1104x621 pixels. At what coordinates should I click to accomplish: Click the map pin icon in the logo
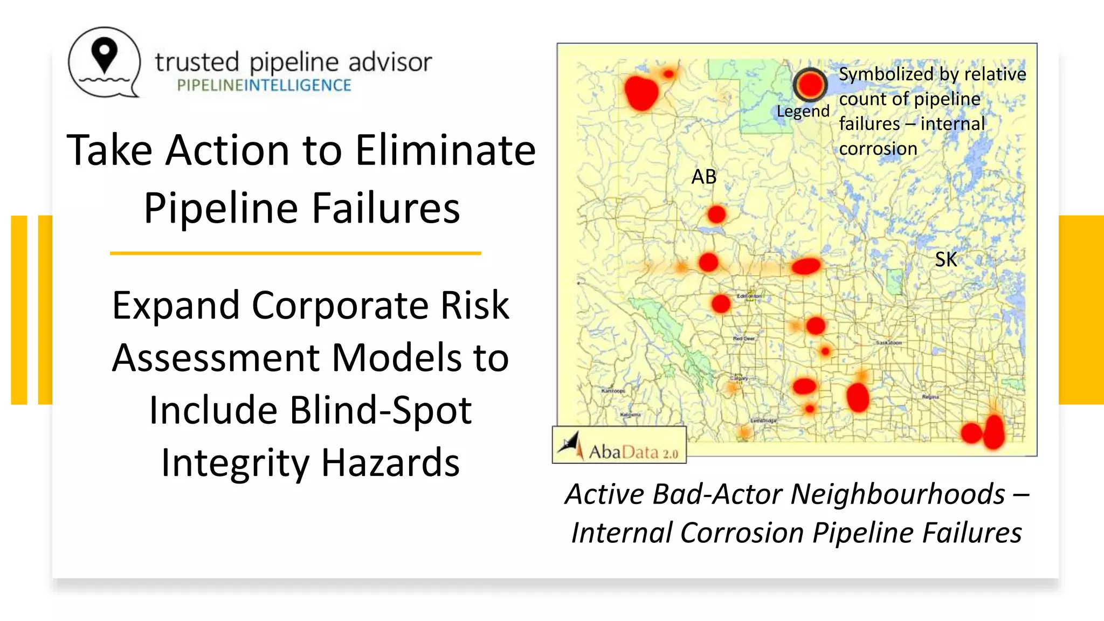tap(104, 56)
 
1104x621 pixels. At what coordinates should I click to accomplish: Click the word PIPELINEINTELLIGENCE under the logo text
tap(264, 85)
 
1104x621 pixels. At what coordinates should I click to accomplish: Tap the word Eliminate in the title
tap(445, 150)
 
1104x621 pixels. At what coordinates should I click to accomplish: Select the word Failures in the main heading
tap(386, 208)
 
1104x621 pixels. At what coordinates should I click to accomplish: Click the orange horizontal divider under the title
tap(295, 253)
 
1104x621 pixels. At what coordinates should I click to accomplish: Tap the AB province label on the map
tap(704, 177)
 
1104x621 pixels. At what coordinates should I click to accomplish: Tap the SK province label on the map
tap(946, 260)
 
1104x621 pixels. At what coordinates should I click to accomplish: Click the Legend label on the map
tap(803, 111)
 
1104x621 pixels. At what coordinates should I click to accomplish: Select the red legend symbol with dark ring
tap(810, 85)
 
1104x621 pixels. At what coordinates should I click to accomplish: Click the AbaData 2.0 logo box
tap(619, 445)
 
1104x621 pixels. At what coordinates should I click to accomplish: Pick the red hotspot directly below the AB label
tap(716, 215)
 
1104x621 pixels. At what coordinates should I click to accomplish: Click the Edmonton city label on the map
tap(749, 296)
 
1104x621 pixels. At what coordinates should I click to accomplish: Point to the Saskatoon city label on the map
tap(888, 343)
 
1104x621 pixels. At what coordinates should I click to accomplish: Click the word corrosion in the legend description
tap(878, 149)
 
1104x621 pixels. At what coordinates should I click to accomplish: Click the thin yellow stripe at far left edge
tap(19, 310)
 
